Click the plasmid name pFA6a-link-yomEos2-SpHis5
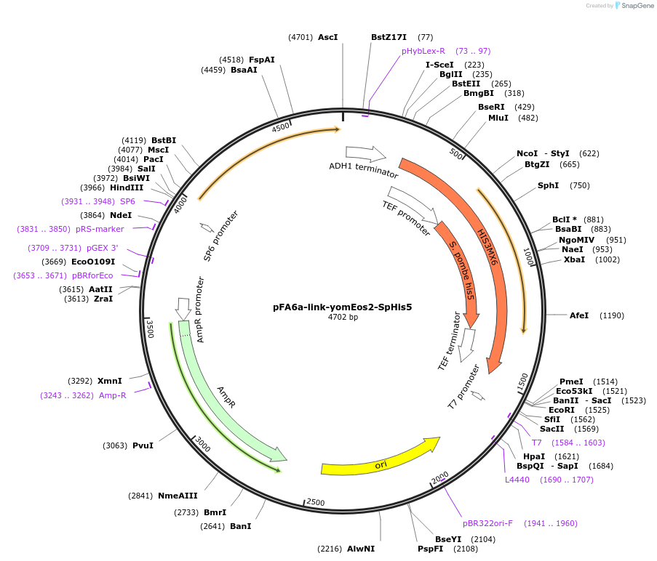342,307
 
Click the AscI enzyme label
328,37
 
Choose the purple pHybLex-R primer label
423,51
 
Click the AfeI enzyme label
579,315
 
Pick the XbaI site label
574,259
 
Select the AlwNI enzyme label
361,549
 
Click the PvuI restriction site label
143,445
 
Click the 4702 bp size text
343,318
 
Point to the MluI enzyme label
498,118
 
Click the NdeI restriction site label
121,215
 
